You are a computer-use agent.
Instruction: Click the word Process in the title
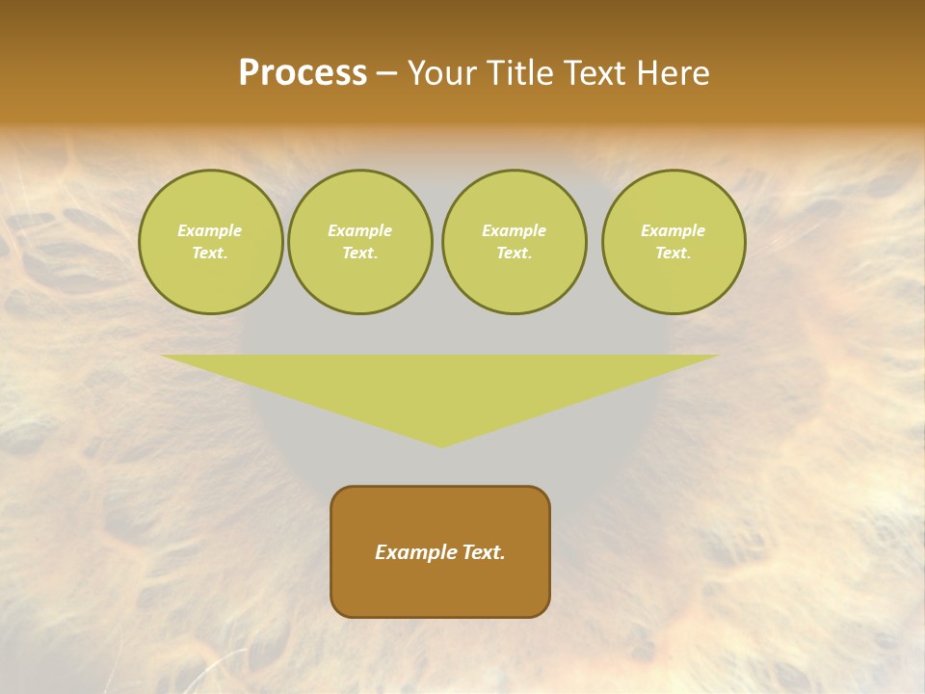[x=303, y=73]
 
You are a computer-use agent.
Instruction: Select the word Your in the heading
[x=442, y=73]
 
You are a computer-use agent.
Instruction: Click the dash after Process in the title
[x=387, y=74]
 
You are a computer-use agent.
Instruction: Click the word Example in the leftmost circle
[x=210, y=230]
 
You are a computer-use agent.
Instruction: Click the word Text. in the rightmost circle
[x=674, y=253]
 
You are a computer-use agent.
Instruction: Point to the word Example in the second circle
[x=360, y=230]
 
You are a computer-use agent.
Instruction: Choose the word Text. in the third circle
[x=514, y=253]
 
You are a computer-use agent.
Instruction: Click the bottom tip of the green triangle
[x=441, y=444]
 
